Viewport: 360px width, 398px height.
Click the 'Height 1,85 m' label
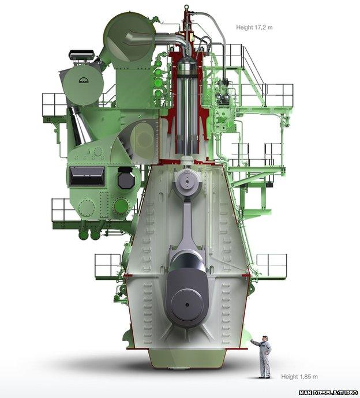(x=299, y=377)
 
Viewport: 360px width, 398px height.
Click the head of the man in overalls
(x=264, y=337)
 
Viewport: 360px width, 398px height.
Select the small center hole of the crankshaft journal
(x=186, y=300)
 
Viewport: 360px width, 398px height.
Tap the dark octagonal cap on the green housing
(x=125, y=179)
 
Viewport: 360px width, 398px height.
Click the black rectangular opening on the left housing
(x=87, y=176)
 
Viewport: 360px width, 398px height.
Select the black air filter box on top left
(x=81, y=55)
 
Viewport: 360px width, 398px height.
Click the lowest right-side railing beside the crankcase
(x=271, y=265)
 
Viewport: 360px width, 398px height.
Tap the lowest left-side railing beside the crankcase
(x=108, y=265)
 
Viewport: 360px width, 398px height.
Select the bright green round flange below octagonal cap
(x=121, y=205)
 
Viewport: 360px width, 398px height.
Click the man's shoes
(x=264, y=377)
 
